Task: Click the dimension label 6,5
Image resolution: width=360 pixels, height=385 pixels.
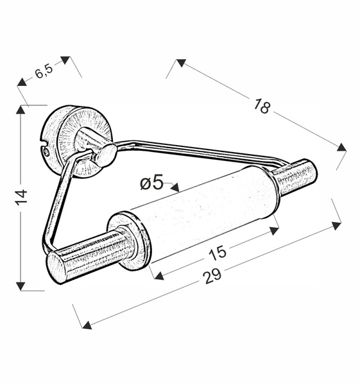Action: click(x=44, y=71)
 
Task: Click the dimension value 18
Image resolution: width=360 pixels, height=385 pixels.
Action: click(x=262, y=107)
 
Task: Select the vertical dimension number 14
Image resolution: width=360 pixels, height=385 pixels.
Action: click(x=21, y=197)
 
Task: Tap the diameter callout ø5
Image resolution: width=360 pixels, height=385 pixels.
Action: click(x=151, y=183)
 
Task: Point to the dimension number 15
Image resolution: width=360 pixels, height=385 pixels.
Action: click(x=218, y=252)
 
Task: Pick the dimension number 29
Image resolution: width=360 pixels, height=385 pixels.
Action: click(x=213, y=276)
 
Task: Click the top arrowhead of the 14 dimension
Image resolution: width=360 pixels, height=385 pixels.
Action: click(x=21, y=110)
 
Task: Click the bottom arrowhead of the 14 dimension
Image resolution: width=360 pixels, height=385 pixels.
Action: click(x=21, y=286)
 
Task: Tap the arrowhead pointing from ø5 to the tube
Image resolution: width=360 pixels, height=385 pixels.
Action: click(x=175, y=187)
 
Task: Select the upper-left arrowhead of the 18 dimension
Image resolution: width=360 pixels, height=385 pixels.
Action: click(x=181, y=63)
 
